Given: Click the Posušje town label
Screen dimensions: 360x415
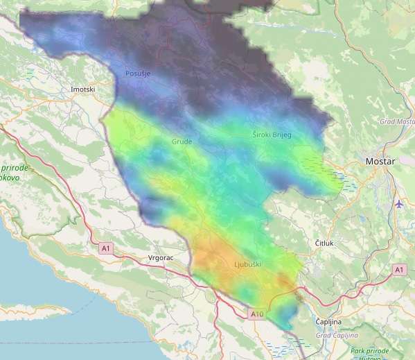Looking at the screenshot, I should [x=137, y=74].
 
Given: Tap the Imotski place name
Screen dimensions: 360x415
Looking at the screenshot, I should [x=83, y=90].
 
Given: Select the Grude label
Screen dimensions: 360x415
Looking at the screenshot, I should [x=182, y=142].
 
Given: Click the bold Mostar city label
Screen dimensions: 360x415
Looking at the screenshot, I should [x=380, y=162].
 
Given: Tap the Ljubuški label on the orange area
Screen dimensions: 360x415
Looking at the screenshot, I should [x=248, y=264].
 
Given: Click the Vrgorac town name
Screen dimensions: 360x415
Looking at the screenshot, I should [x=161, y=257].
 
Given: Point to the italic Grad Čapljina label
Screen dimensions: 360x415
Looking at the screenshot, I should [x=335, y=336].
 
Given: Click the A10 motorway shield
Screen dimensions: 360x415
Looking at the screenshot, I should [x=257, y=314].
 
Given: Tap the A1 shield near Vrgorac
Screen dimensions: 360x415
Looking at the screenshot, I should [x=105, y=248].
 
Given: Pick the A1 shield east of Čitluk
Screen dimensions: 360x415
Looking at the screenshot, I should [x=399, y=268].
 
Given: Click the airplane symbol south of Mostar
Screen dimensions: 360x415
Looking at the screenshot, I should [x=398, y=204].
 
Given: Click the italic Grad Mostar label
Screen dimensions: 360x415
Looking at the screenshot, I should [x=396, y=121].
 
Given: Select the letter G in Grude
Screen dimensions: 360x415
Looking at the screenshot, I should [x=174, y=142].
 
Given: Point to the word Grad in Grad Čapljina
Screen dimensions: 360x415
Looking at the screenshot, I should [x=324, y=336].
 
